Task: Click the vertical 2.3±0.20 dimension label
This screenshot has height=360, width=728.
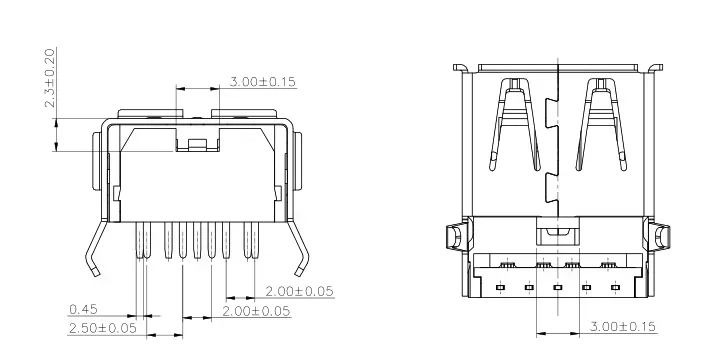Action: pos(50,78)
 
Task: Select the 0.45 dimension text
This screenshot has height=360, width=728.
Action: pos(84,309)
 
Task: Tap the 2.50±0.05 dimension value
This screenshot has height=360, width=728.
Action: pos(103,328)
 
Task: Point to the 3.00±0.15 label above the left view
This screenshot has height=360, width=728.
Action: pos(263,82)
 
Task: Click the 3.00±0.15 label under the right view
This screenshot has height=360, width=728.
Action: pos(623,327)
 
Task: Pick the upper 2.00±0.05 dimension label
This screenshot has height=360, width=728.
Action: pos(299,291)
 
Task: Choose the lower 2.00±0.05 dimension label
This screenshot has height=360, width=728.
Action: pos(256,311)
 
